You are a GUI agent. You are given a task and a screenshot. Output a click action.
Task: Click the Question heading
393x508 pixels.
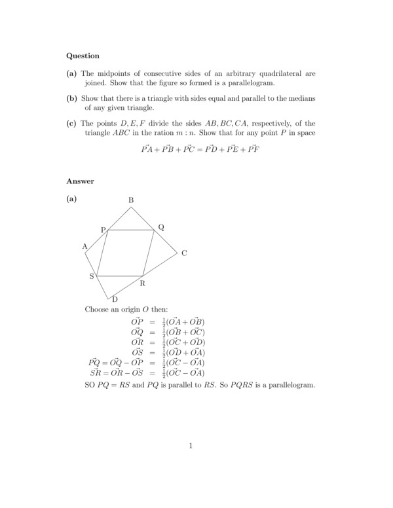click(83, 56)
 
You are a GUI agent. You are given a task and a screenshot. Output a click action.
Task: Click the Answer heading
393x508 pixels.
click(80, 181)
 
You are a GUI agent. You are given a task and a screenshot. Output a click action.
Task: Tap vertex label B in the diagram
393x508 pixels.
click(131, 200)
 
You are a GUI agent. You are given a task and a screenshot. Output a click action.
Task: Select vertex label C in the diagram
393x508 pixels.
click(184, 253)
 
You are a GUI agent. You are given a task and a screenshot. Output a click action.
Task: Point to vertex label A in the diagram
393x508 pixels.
click(84, 246)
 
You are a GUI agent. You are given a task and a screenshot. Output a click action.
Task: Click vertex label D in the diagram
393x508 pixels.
click(115, 300)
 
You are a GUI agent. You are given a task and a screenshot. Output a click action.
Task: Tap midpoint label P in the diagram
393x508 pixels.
click(103, 230)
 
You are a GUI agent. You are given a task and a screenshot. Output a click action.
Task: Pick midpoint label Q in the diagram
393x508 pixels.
click(161, 227)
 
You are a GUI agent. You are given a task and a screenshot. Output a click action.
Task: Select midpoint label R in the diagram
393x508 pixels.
click(142, 283)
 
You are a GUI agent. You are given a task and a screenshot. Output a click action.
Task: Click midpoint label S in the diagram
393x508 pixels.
click(92, 276)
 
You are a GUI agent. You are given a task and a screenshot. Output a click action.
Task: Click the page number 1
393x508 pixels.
click(191, 446)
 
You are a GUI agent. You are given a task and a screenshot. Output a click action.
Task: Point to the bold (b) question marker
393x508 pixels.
click(72, 98)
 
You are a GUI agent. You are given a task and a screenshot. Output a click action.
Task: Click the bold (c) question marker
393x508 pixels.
click(72, 123)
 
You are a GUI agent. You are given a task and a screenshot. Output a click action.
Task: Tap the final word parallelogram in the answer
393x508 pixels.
click(289, 384)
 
